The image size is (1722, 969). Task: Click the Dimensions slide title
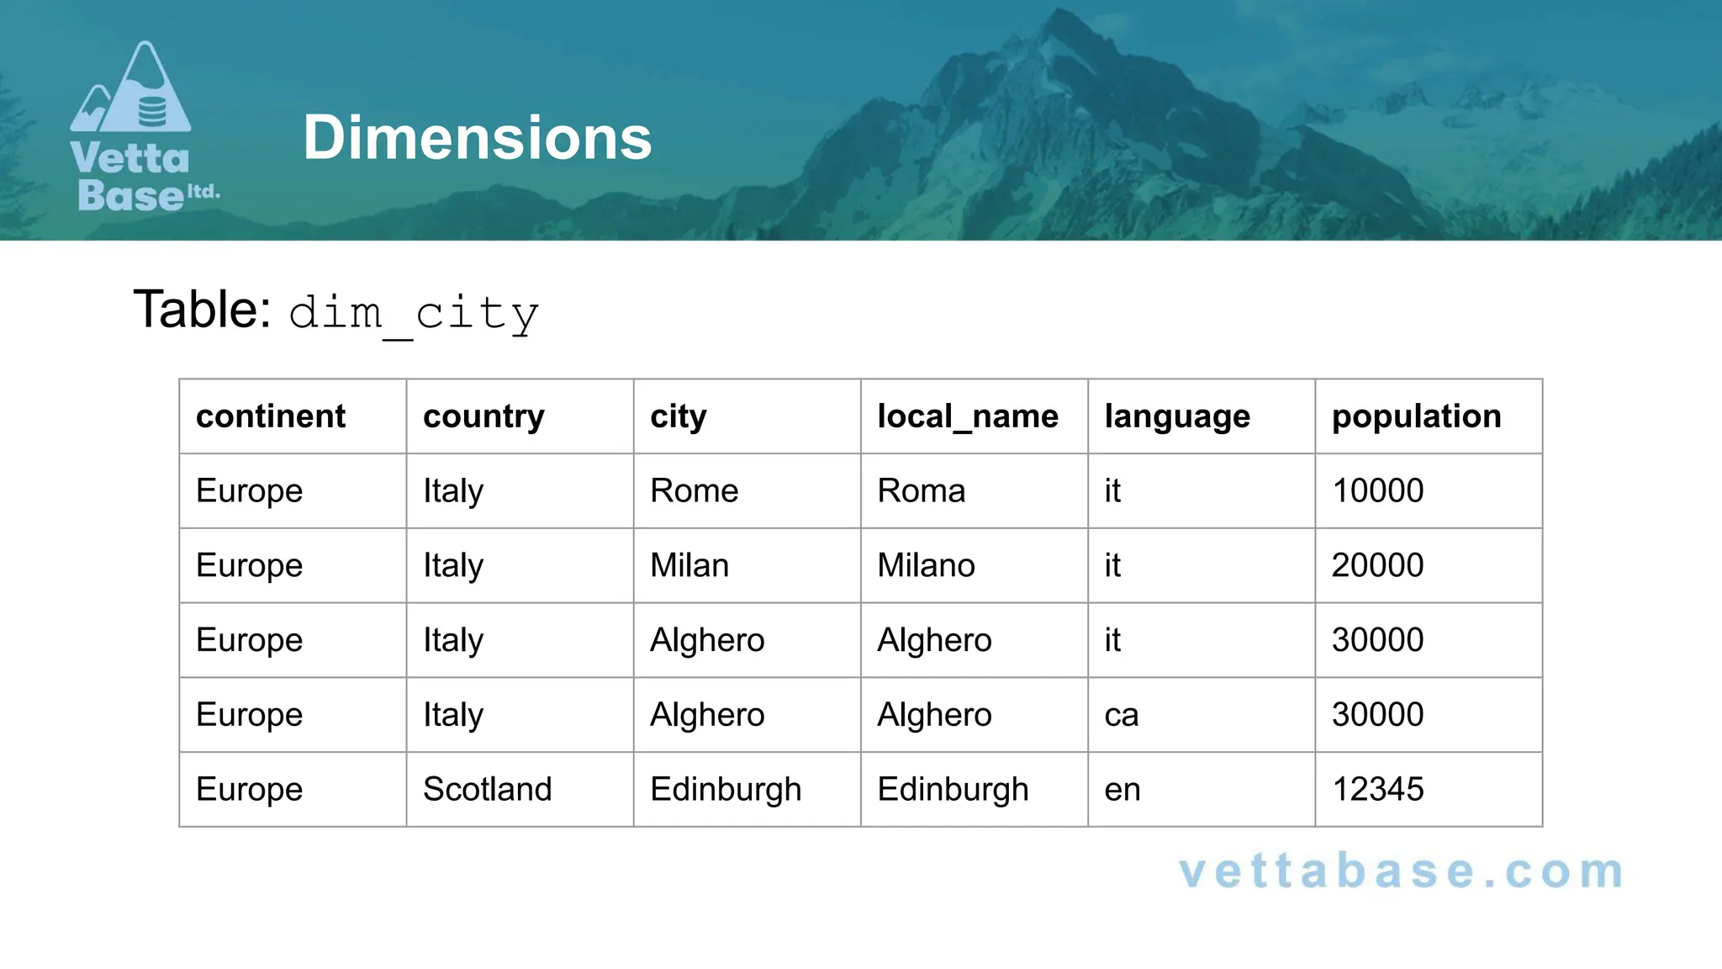[x=477, y=138]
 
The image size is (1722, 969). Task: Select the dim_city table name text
[x=414, y=313]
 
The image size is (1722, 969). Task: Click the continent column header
[x=270, y=416]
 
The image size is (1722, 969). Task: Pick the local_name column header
[x=967, y=416]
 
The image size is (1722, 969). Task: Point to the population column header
[x=1416, y=416]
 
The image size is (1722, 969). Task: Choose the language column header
[x=1176, y=416]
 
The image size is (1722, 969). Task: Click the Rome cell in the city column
[x=694, y=490]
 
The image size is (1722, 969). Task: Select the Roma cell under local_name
[x=921, y=490]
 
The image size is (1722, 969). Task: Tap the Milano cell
[x=926, y=565]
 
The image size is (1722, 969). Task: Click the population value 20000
[x=1377, y=565]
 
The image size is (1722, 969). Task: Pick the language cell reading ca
[x=1121, y=715]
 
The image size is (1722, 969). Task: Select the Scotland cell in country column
[x=487, y=789]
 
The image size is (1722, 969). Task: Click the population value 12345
[x=1377, y=789]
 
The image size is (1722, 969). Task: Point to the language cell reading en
[x=1122, y=789]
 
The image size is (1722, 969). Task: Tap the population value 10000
[x=1377, y=490]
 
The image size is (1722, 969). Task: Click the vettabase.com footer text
[x=1401, y=871]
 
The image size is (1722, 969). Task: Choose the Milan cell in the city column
[x=689, y=565]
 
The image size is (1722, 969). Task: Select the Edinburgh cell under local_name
[x=953, y=789]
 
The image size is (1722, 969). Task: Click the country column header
[x=483, y=416]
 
